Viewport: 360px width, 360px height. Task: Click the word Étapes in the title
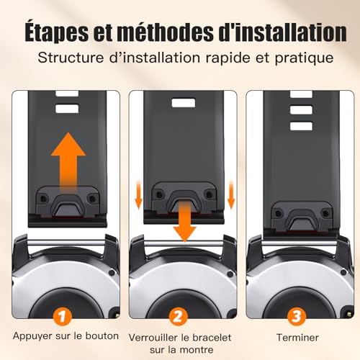(57, 32)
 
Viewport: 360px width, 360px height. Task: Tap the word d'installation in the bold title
(282, 32)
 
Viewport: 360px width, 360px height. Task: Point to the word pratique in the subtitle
(304, 58)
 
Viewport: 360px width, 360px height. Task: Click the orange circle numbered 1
(63, 317)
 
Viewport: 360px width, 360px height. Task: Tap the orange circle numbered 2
(178, 317)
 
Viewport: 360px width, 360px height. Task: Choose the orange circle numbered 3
(297, 317)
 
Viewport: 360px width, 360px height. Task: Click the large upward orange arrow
(68, 161)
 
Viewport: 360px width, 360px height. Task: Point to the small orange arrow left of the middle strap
(139, 195)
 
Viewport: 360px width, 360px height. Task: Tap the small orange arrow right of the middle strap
(231, 195)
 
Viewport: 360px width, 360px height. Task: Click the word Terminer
(297, 338)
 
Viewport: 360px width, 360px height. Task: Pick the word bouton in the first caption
(102, 336)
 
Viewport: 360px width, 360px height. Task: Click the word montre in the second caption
(197, 350)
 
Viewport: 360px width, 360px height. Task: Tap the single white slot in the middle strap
(184, 103)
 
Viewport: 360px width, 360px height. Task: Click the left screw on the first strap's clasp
(43, 199)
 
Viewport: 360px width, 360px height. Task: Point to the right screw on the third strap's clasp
(325, 213)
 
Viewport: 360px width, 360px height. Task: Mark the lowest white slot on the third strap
(302, 126)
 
